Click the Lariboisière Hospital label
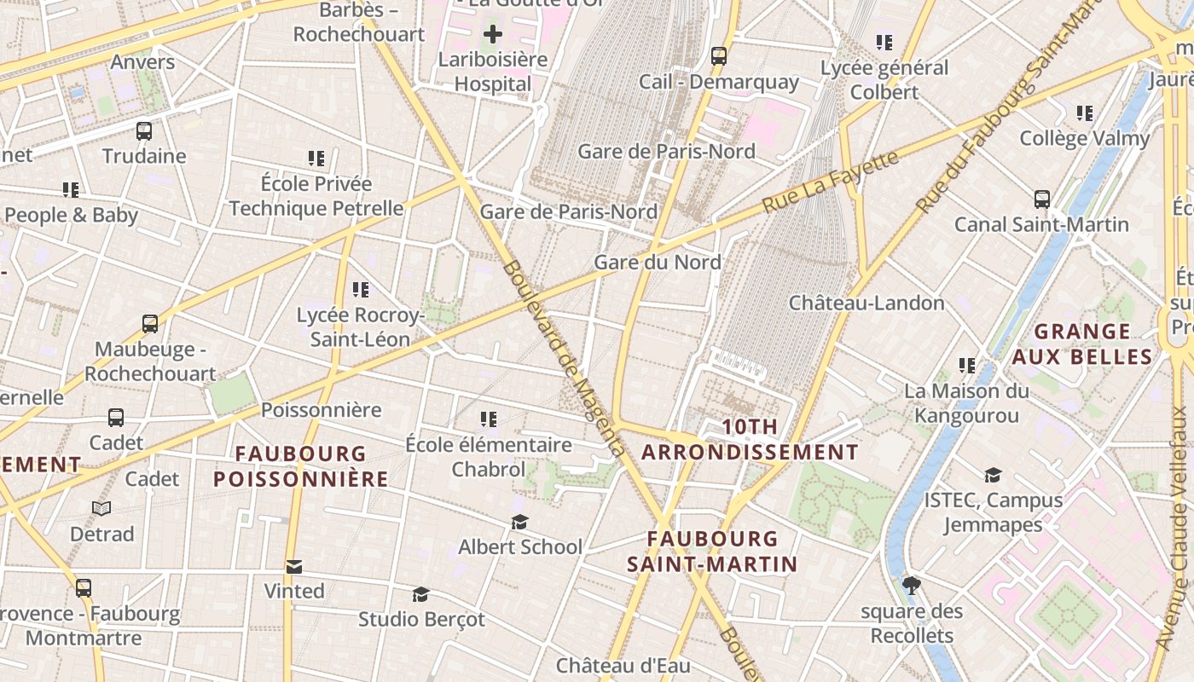pos(493,72)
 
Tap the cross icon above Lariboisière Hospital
pos(493,35)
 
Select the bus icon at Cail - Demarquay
pos(719,56)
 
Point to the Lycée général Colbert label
pos(884,79)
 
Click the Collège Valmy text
pos(1085,138)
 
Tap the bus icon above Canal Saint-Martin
pos(1041,199)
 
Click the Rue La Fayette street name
pos(830,182)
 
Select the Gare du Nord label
pos(658,263)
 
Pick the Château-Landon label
pos(867,303)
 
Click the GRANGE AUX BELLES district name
pos(1082,344)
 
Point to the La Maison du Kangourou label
pos(966,403)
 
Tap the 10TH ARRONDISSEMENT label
pos(750,440)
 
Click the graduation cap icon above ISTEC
pos(993,475)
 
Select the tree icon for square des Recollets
pos(912,586)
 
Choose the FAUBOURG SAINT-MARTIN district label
pos(712,551)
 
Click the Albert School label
pos(520,546)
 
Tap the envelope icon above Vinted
pos(294,567)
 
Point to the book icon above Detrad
pos(101,509)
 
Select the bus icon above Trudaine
pos(144,131)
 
